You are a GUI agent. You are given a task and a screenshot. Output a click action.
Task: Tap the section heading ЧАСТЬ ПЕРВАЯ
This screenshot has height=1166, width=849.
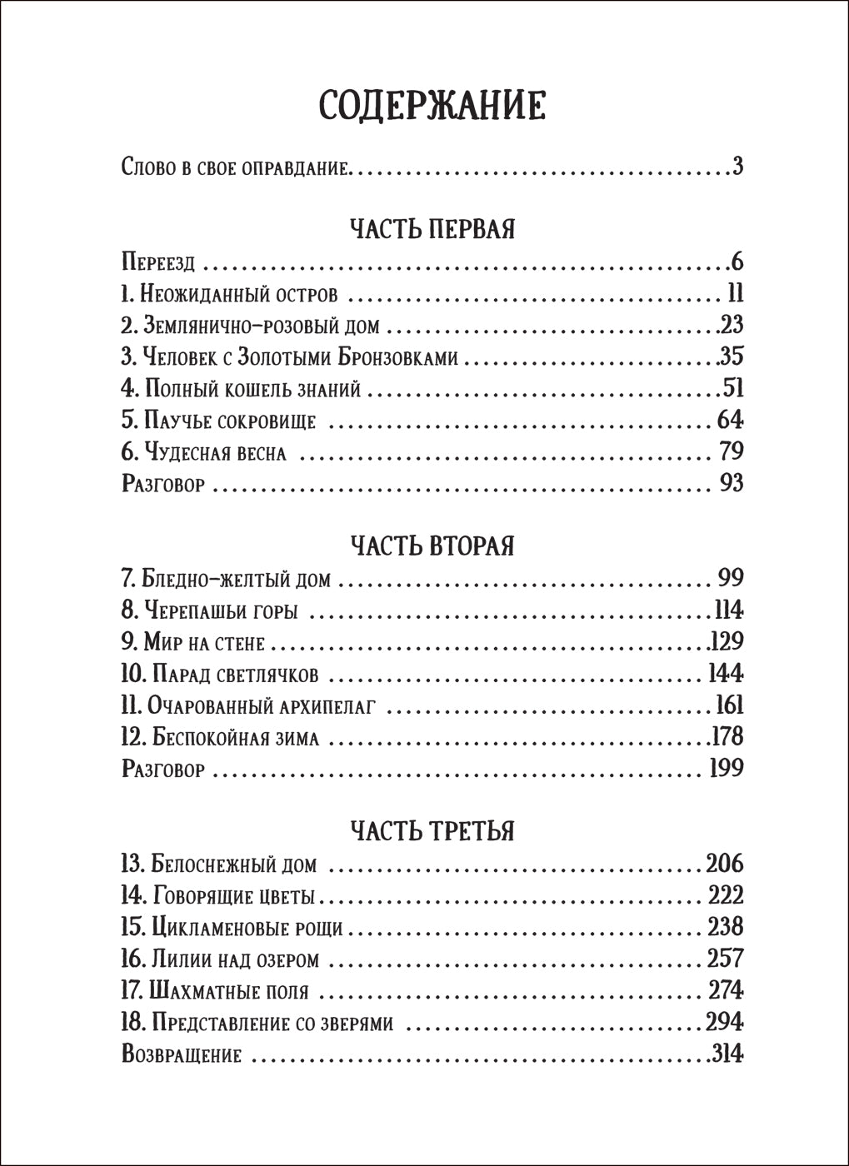432,228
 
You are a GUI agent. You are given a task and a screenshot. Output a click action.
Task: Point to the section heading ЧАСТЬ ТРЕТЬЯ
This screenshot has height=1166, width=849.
432,830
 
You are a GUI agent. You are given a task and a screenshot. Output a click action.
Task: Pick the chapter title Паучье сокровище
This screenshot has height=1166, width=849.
230,421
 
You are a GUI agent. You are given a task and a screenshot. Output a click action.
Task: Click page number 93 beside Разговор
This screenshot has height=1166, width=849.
731,483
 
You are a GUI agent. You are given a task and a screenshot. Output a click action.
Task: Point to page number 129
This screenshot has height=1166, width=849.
726,641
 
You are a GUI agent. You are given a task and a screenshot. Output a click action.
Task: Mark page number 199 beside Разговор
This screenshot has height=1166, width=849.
725,768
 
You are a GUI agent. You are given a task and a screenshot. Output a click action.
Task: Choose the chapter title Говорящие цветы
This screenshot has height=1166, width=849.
234,896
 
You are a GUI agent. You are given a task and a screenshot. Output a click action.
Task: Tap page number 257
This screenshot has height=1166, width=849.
725,959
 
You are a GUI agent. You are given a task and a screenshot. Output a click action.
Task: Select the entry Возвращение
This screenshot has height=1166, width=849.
182,1054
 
